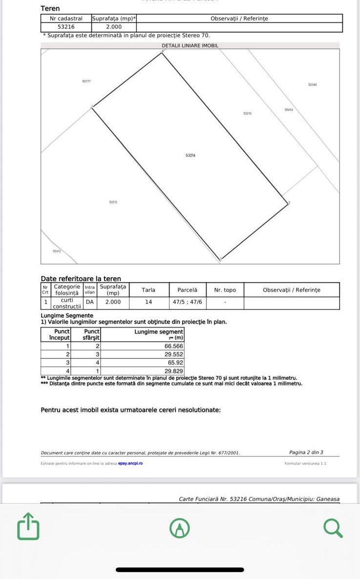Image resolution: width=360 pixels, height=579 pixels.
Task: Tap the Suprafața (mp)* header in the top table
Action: point(114,19)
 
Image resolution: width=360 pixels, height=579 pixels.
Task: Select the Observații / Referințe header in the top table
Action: point(239,19)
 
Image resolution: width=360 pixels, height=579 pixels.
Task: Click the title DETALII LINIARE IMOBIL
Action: point(190,45)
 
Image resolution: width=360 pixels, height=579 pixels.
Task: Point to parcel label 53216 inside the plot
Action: point(191,155)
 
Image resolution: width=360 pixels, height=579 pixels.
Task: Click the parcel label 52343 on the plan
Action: point(313,85)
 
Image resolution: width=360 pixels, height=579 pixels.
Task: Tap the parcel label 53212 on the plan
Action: point(113,202)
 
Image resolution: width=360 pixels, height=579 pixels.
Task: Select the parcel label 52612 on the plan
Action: point(57,251)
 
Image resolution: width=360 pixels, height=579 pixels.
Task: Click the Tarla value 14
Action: point(148,302)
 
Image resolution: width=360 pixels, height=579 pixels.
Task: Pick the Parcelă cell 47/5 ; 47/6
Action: point(188,302)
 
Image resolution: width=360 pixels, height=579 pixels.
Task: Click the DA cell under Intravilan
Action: point(90,302)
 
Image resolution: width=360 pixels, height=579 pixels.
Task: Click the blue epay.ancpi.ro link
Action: point(130,463)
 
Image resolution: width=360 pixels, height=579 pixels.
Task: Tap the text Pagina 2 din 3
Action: point(306,453)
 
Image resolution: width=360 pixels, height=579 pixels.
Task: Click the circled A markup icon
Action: point(180,528)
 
